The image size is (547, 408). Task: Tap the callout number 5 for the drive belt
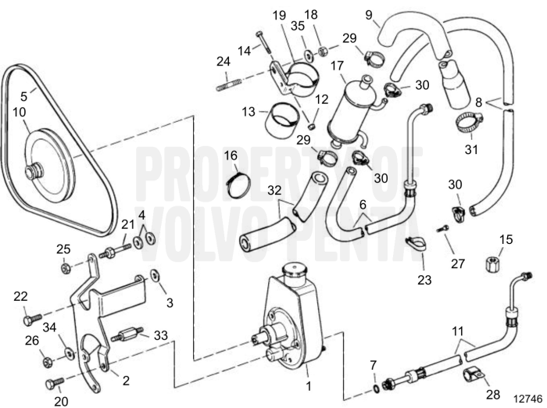point(23,96)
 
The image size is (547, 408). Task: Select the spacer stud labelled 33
point(128,339)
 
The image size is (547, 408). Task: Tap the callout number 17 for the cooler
point(338,67)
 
